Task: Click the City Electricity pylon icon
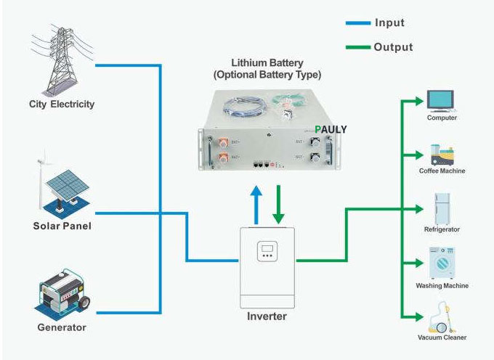(61, 55)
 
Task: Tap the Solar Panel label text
(62, 226)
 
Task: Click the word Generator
(62, 327)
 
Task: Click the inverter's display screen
(267, 251)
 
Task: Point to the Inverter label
(267, 316)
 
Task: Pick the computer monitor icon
(440, 100)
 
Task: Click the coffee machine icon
(441, 154)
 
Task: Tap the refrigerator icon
(442, 208)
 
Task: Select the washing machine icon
(442, 263)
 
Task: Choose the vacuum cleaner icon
(441, 318)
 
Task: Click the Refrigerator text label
(442, 230)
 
